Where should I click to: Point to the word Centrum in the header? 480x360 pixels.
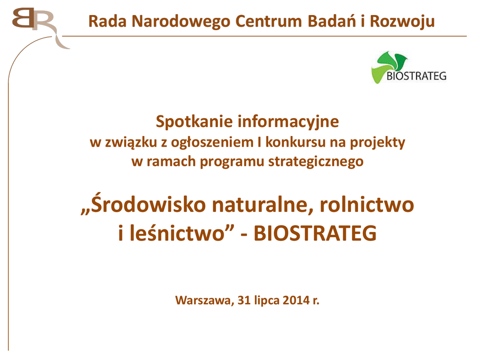click(269, 22)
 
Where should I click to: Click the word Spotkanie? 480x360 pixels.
click(195, 122)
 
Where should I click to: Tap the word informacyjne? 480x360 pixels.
click(288, 122)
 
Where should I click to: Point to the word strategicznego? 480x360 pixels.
click(316, 162)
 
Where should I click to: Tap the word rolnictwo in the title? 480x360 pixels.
click(367, 204)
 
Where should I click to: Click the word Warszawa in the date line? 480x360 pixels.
click(203, 300)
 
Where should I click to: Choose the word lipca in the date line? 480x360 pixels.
click(267, 301)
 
